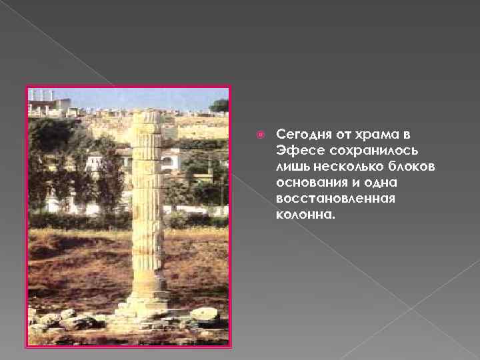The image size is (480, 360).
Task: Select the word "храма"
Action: (371, 134)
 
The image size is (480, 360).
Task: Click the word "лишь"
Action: (290, 166)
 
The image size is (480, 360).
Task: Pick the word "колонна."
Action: (301, 215)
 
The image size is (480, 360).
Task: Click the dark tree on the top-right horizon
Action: (219, 105)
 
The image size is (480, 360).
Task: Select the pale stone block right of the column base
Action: (203, 313)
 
